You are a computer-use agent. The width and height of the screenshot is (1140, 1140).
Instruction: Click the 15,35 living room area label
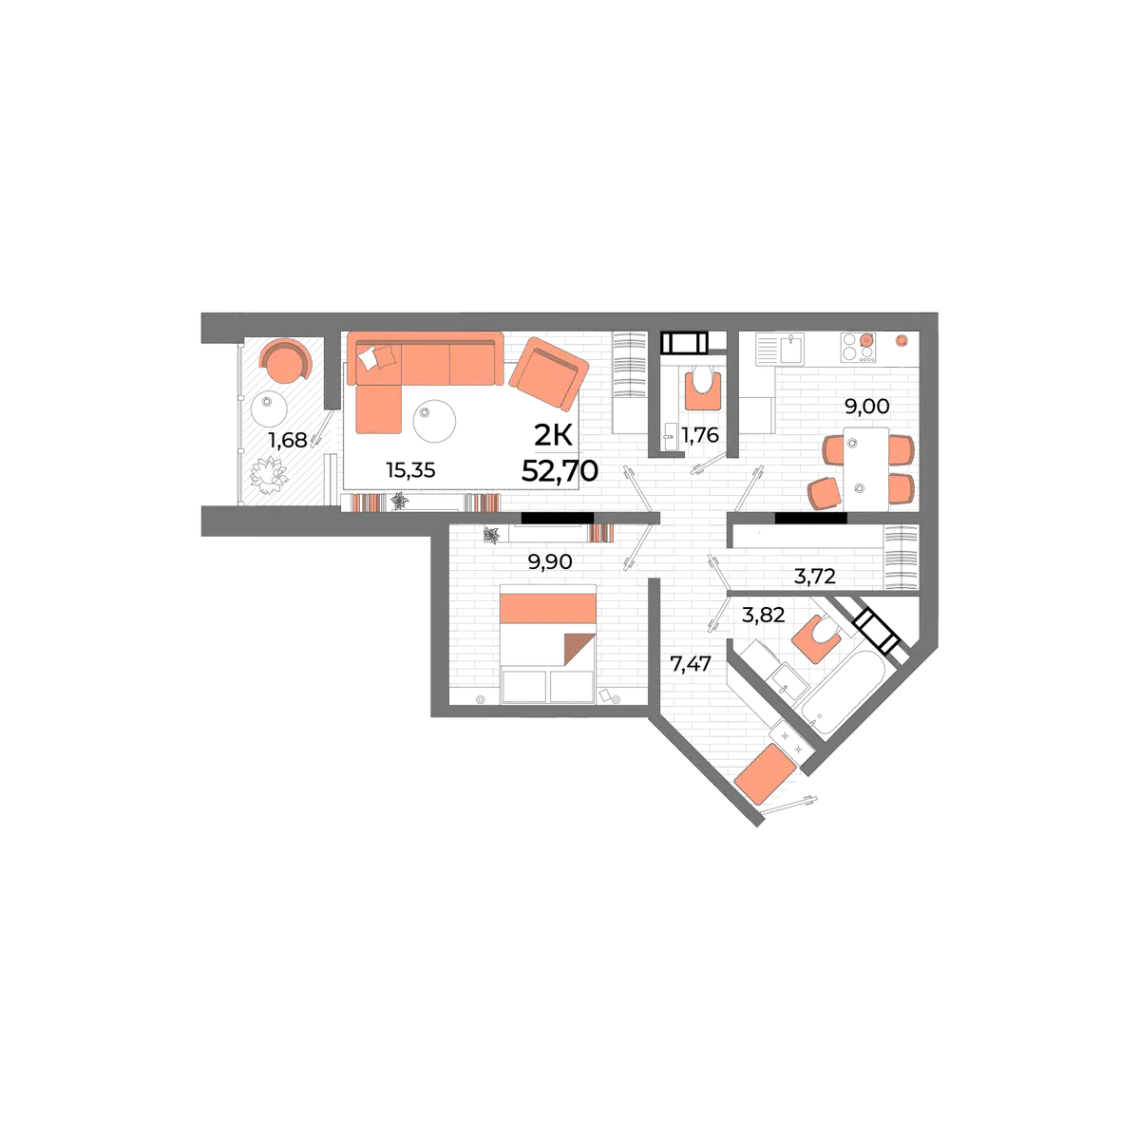coord(410,470)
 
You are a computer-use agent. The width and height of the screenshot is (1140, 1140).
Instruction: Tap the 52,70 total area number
coord(560,471)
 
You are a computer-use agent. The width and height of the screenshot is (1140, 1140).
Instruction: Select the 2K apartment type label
coord(553,437)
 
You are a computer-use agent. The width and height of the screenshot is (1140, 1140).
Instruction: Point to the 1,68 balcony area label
coord(288,440)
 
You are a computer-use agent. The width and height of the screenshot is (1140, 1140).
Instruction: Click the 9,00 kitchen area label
coord(867,406)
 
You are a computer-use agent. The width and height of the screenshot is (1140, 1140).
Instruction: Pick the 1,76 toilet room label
coord(700,435)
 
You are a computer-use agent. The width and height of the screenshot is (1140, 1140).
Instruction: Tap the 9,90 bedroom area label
coord(550,562)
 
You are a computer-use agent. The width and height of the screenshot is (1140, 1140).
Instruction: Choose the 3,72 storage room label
coord(814,576)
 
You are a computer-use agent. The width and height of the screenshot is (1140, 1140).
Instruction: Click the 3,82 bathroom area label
coord(763,616)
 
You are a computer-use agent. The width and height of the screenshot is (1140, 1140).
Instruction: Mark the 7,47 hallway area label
coord(691,664)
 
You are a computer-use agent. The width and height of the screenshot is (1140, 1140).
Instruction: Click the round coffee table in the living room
coord(434,421)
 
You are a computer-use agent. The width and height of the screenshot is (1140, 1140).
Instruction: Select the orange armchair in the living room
coord(548,373)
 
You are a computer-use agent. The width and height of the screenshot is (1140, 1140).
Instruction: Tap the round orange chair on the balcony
coord(285,360)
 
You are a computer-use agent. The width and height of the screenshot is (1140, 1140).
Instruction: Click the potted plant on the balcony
coord(269,475)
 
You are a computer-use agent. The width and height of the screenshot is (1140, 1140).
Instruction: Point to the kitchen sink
coord(791,349)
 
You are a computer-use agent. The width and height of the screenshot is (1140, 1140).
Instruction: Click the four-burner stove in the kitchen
coord(858,348)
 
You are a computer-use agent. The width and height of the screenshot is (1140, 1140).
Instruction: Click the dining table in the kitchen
coord(866,468)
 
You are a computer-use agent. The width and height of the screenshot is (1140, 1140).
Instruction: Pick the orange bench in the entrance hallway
coord(765,774)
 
